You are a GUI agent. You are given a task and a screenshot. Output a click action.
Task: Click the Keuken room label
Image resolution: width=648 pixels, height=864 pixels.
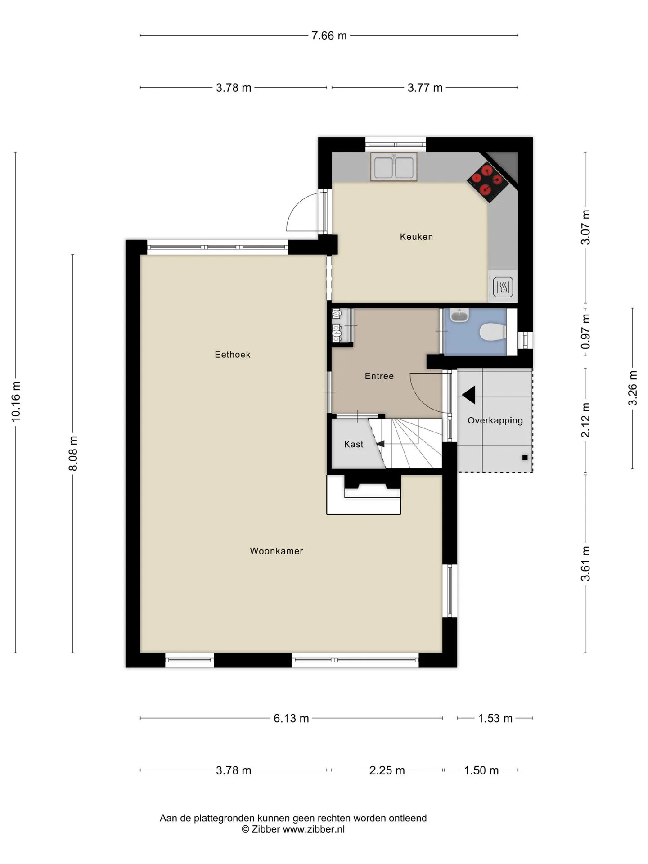point(416,237)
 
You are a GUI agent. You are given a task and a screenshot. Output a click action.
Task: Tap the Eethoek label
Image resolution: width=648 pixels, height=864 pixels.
point(233,355)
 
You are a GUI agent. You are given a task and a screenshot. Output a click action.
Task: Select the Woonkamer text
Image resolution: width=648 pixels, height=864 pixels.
point(276,551)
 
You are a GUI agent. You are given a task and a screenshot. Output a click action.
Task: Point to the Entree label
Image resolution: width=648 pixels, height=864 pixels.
point(379,376)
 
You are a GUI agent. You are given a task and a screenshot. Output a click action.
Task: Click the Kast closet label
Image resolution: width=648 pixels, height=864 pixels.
point(354,445)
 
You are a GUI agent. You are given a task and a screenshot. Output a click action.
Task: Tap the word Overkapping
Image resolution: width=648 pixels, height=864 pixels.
point(495,420)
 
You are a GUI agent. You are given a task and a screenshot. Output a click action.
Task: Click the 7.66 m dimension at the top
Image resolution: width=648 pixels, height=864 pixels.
point(329,36)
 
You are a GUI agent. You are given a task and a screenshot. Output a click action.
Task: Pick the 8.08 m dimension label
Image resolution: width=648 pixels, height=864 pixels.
point(73,453)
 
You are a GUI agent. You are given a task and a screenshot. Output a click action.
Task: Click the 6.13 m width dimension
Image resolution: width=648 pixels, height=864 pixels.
point(291,718)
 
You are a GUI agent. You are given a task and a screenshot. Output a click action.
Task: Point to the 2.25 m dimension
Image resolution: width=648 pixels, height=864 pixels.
point(387,770)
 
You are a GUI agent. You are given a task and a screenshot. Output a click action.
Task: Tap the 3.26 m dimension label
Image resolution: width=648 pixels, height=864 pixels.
point(633,388)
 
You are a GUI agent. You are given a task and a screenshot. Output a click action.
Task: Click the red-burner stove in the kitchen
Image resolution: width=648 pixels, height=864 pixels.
point(488,182)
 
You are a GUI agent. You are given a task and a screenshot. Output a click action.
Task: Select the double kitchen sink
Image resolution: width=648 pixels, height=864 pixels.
point(394,167)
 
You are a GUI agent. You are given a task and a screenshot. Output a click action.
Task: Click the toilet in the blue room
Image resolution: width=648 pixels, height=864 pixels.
point(493,333)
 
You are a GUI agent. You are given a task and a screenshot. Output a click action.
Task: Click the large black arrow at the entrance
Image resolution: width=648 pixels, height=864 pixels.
point(469,395)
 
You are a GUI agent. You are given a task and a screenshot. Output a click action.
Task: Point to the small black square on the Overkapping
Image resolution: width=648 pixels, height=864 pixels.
point(525,458)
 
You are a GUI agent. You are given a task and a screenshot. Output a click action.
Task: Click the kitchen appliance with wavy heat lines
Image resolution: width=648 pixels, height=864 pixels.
point(503,287)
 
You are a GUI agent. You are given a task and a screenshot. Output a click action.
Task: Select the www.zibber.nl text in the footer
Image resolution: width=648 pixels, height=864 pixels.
point(314,829)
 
